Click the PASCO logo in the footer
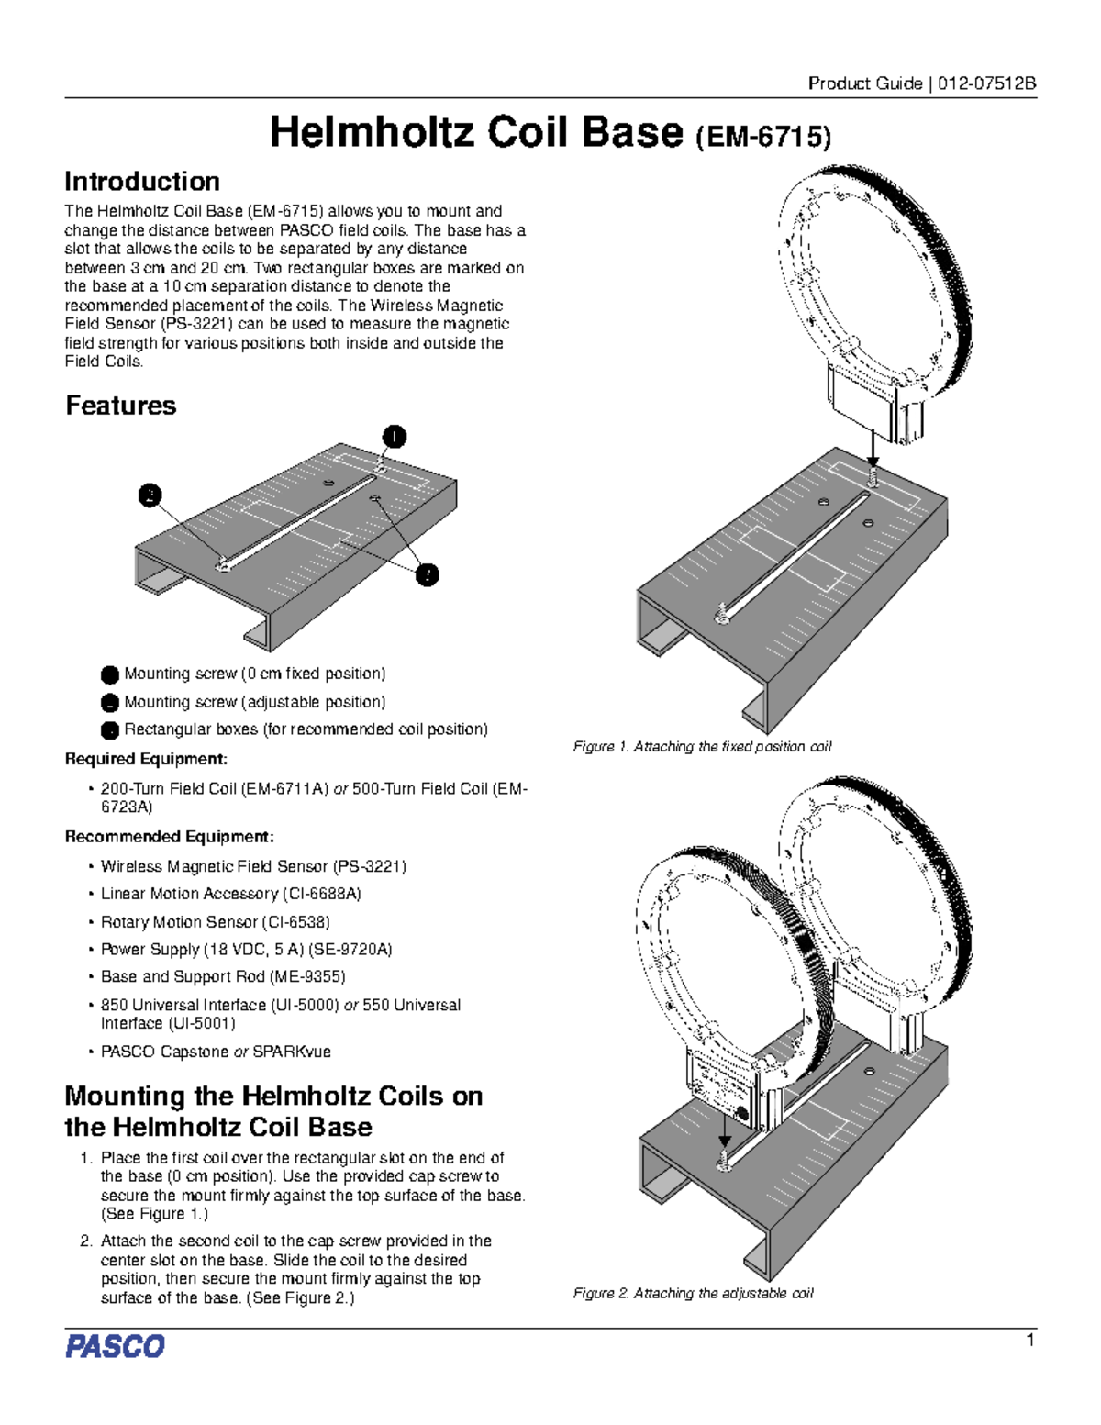[x=115, y=1346]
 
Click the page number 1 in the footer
[x=1030, y=1341]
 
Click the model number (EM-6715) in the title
[x=763, y=138]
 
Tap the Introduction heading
[x=142, y=181]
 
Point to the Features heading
[x=120, y=406]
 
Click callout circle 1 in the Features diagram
[x=394, y=437]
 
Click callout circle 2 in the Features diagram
[x=150, y=495]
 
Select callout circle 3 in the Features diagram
[x=427, y=575]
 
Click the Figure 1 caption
[x=702, y=747]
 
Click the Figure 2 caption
[x=693, y=1293]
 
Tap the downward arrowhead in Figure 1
[x=873, y=462]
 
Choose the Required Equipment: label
[x=146, y=759]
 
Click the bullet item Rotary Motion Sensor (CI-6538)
[x=215, y=921]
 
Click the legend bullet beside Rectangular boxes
[x=109, y=730]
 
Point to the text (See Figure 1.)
[x=154, y=1214]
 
